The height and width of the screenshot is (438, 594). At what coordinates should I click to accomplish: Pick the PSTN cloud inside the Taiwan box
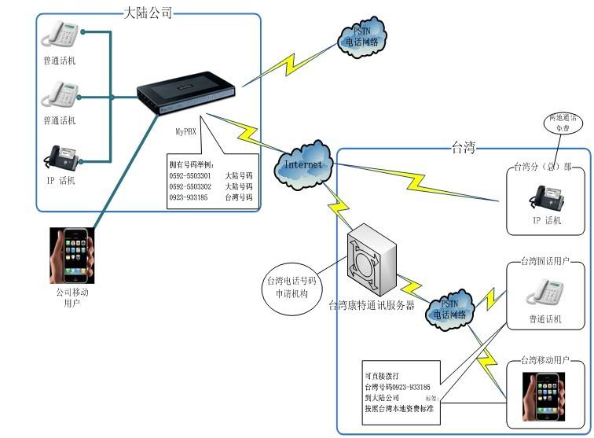(450, 308)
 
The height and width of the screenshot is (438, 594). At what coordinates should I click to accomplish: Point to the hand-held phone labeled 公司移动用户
(71, 256)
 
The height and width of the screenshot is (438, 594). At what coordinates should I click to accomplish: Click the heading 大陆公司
(148, 13)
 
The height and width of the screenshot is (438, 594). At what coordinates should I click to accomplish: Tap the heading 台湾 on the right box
(464, 146)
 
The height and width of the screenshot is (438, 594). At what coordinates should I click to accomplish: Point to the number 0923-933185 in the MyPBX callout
(189, 198)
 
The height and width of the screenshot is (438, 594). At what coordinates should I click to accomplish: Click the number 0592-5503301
(189, 176)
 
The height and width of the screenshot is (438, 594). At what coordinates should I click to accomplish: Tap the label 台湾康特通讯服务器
(371, 305)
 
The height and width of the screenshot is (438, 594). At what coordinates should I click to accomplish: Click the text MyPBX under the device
(185, 132)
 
